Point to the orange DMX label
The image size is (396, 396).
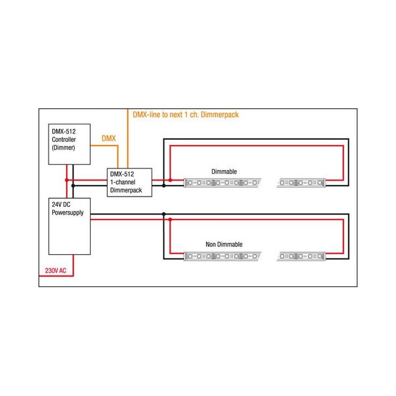(x=109, y=139)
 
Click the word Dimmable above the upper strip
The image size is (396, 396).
(x=224, y=172)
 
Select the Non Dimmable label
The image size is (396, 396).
(x=223, y=244)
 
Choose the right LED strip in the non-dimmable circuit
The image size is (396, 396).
(x=303, y=256)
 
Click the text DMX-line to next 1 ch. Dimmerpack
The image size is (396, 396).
(x=186, y=115)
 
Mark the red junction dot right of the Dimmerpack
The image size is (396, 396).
(x=170, y=180)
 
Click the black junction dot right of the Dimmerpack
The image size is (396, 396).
(x=163, y=185)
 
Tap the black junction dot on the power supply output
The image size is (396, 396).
(x=163, y=213)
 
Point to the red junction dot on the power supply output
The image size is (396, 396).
(x=170, y=219)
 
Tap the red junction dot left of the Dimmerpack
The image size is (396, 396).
(x=67, y=180)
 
